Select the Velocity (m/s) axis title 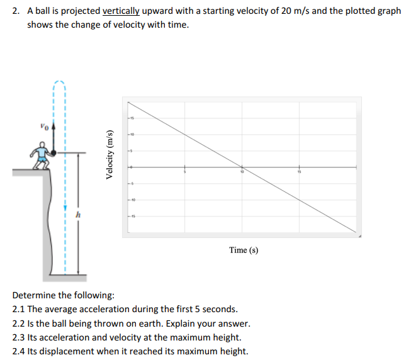[x=111, y=155]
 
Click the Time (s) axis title [x=244, y=250]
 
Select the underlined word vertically [x=121, y=11]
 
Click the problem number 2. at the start [x=16, y=11]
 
